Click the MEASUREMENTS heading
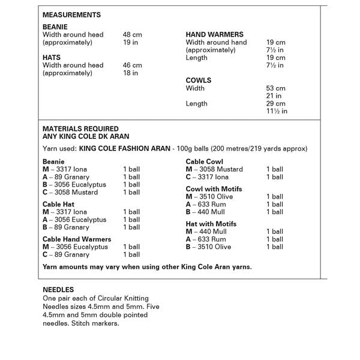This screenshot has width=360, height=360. [x=71, y=15]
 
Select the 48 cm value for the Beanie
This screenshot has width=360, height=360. [x=132, y=35]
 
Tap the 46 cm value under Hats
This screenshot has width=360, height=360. [x=132, y=65]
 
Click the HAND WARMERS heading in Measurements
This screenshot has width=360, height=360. [x=215, y=35]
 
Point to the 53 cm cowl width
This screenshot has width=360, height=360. [x=275, y=88]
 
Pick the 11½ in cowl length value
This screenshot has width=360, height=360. [x=277, y=111]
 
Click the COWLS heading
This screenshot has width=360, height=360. [x=199, y=80]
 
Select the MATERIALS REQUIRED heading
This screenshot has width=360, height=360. [x=80, y=129]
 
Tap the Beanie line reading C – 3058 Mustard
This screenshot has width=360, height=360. [x=70, y=193]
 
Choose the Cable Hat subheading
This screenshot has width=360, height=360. [x=58, y=204]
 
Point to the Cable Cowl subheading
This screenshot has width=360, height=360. [x=204, y=161]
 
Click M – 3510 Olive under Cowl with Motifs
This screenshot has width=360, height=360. [x=209, y=197]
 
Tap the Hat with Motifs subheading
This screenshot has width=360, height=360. [x=211, y=224]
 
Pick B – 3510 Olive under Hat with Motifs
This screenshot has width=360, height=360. [x=208, y=247]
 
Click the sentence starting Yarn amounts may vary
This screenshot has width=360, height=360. [x=147, y=266]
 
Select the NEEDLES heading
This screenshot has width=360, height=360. [x=58, y=290]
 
